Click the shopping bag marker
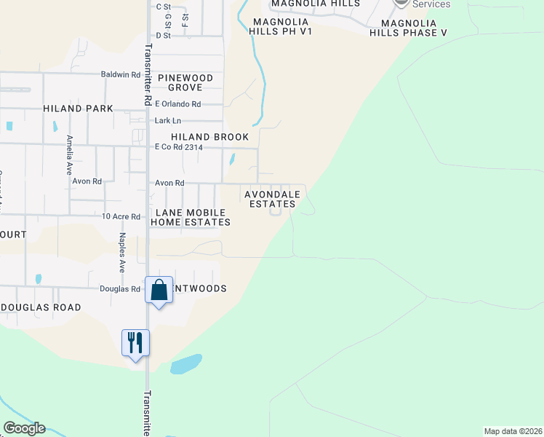tap(159, 291)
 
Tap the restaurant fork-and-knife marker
tap(135, 342)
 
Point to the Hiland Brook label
tap(209, 137)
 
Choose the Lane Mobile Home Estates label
tap(190, 217)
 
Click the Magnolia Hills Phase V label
tap(408, 28)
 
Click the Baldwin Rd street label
tap(121, 74)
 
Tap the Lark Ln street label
tap(167, 120)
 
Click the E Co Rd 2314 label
tap(178, 147)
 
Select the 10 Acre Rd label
tap(121, 216)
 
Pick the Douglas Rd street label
tap(125, 289)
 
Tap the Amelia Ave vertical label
tap(70, 152)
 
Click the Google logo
tap(24, 428)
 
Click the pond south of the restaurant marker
tap(186, 364)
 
